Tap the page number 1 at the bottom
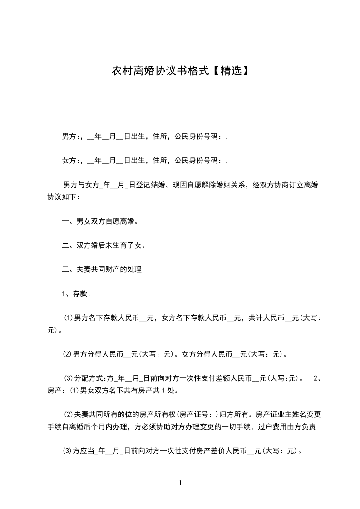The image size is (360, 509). (180, 484)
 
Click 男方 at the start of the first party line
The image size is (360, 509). (69, 136)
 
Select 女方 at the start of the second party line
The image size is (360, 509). (69, 161)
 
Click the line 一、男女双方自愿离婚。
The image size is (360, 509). (100, 221)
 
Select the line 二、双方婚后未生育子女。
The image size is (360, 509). (104, 245)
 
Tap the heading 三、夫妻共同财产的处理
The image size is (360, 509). (102, 270)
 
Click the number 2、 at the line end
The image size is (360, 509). (318, 378)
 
